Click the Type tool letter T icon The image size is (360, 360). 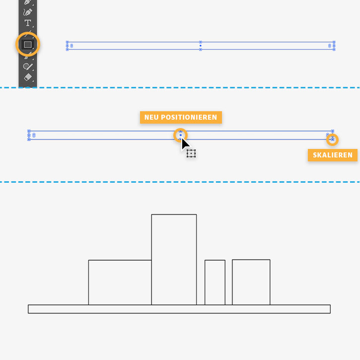click(x=28, y=23)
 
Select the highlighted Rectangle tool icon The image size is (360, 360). click(x=28, y=44)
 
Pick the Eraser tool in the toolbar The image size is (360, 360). click(x=28, y=77)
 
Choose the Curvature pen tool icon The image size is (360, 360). click(x=28, y=12)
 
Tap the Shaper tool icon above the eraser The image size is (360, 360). click(x=28, y=67)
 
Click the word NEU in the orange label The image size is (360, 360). click(x=151, y=117)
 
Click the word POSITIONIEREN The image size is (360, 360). click(x=189, y=117)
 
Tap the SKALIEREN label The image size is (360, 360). click(x=333, y=155)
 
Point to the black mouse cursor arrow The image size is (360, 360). click(x=185, y=144)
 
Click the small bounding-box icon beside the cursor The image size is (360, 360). click(x=191, y=153)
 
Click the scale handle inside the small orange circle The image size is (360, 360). click(x=333, y=140)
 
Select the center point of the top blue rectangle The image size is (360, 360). click(x=201, y=46)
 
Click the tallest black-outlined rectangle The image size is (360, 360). click(x=174, y=260)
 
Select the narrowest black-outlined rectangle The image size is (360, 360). click(x=215, y=283)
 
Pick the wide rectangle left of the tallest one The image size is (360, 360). click(x=120, y=283)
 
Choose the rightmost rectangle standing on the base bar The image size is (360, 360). click(x=251, y=282)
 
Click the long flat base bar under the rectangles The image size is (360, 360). click(x=179, y=309)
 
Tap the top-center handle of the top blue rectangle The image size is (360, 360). click(x=201, y=42)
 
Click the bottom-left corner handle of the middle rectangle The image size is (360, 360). click(x=29, y=140)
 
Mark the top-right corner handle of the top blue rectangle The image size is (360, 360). click(x=334, y=42)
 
